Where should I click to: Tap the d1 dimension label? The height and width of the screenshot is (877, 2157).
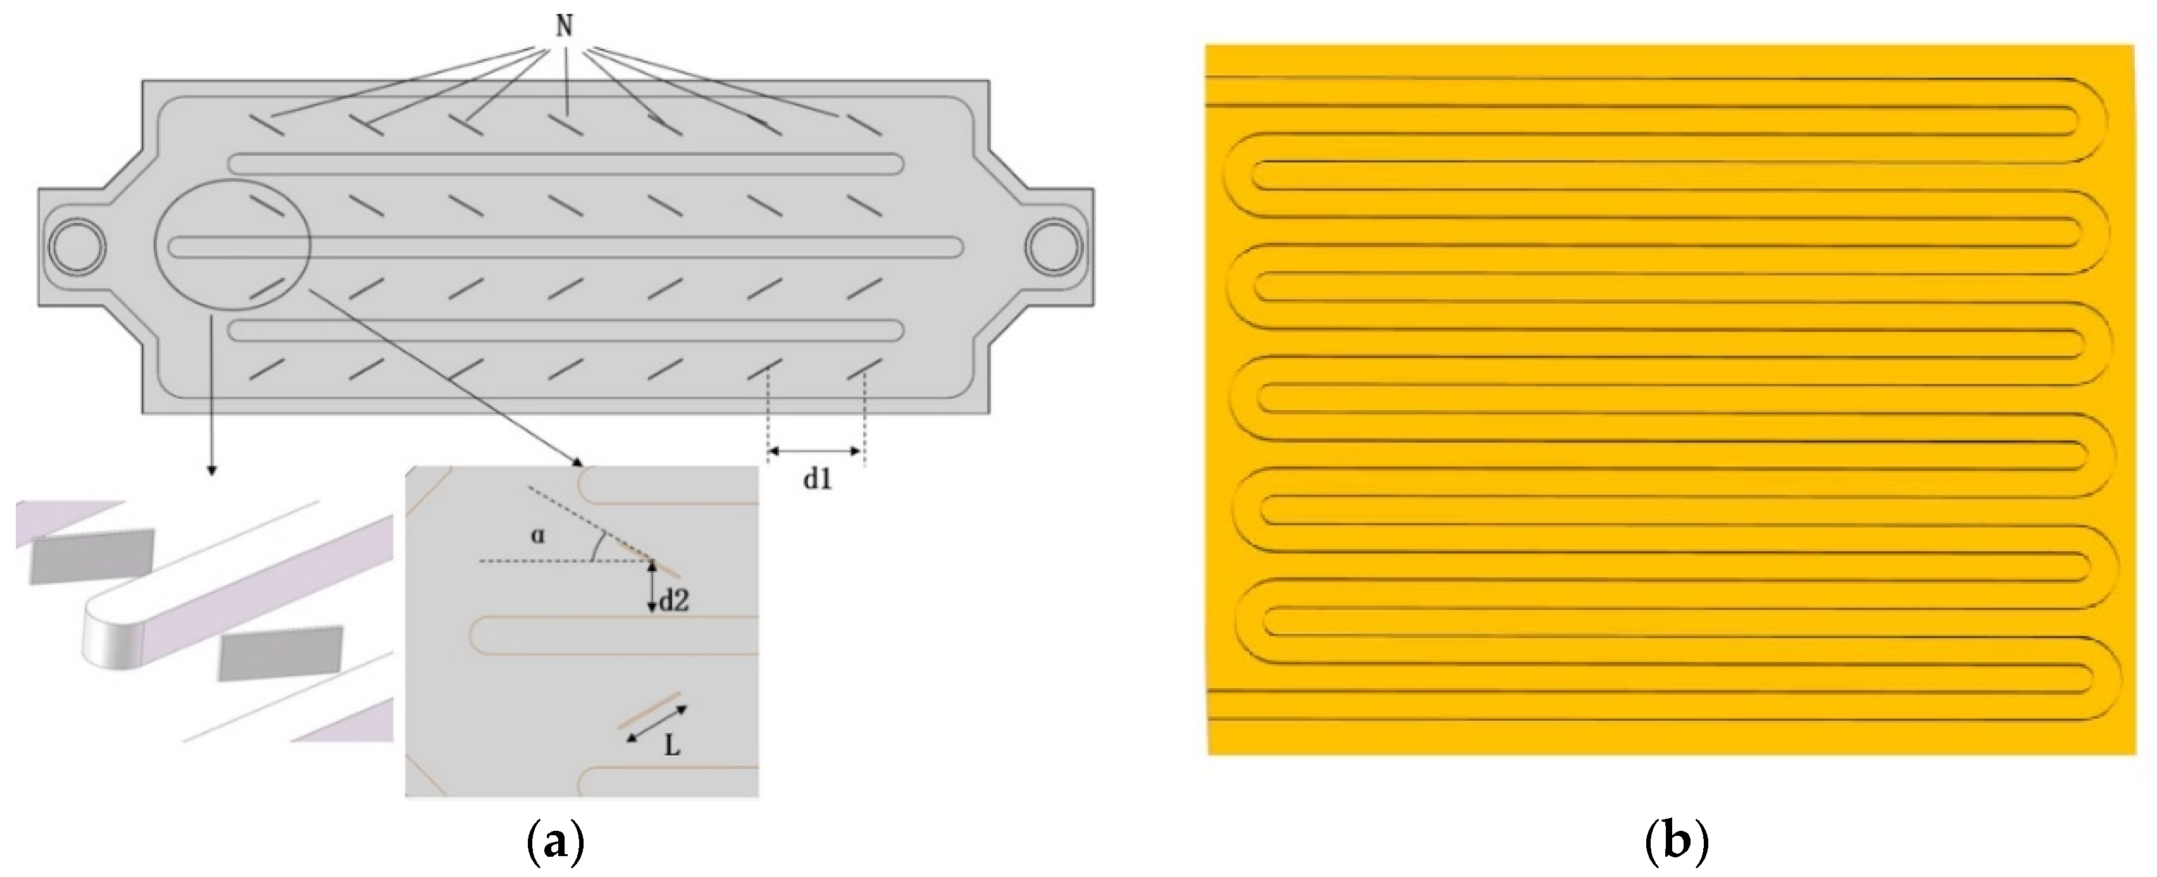pyautogui.click(x=817, y=480)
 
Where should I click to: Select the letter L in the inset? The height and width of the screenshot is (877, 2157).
pyautogui.click(x=672, y=745)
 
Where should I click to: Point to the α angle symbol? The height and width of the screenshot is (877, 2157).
pyautogui.click(x=537, y=535)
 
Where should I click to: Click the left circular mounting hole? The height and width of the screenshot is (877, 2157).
pyautogui.click(x=77, y=247)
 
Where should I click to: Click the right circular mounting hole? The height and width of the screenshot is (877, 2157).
pyautogui.click(x=1055, y=247)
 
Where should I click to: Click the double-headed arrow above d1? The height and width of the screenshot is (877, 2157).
pyautogui.click(x=815, y=452)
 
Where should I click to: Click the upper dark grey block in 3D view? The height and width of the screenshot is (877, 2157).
pyautogui.click(x=92, y=556)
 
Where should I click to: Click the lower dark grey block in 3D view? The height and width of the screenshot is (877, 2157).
pyautogui.click(x=280, y=653)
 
